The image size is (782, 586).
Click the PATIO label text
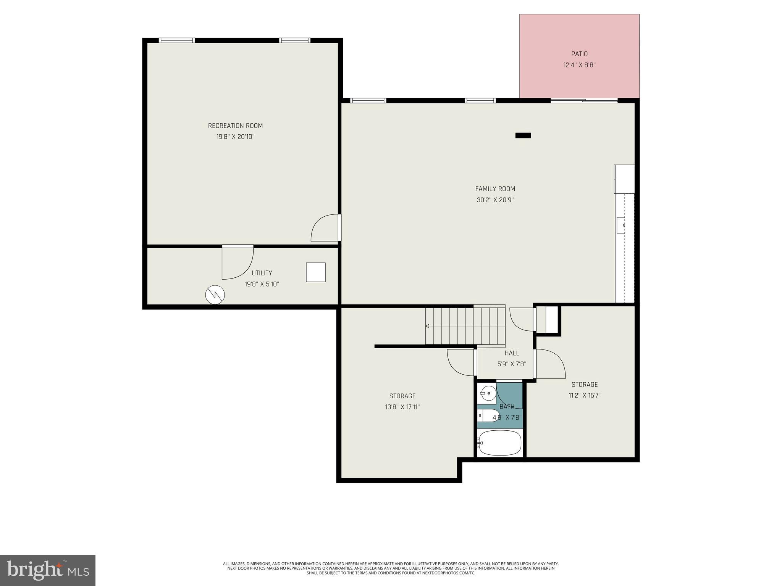point(579,54)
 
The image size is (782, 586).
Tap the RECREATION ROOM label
point(235,126)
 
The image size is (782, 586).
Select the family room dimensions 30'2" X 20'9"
point(495,200)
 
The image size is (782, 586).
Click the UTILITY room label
point(262,273)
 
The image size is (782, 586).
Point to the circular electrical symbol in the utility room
point(215,295)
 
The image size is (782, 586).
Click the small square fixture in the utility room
point(316,272)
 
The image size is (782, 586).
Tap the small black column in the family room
point(523,135)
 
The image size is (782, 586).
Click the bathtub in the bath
point(499,443)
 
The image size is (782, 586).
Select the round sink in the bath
point(488,392)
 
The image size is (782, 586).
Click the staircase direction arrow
point(427,326)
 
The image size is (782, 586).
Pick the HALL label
point(512,353)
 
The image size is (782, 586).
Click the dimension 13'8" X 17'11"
point(402,407)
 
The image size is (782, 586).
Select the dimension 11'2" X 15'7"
point(585,396)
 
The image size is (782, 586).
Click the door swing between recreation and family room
point(325,229)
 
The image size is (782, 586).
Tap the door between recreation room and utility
point(237,262)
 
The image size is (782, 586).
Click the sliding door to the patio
point(584,101)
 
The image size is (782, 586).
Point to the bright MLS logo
point(48,570)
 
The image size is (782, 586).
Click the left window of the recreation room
point(177,40)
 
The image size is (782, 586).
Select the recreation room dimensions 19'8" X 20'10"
point(235,137)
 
